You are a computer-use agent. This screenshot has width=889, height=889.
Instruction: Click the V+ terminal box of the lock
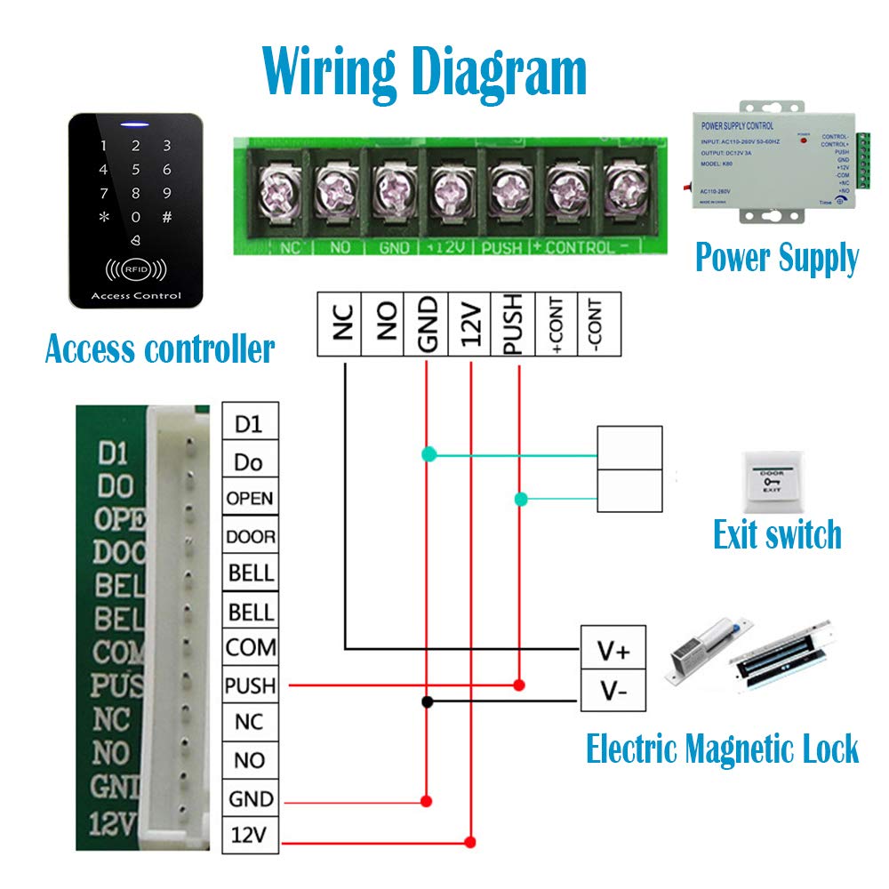coord(613,651)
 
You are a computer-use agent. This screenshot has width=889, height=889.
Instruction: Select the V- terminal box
coord(613,691)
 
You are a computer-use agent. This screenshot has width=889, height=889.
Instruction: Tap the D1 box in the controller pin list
coord(249,424)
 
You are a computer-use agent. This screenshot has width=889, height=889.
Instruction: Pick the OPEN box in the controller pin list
coord(249,498)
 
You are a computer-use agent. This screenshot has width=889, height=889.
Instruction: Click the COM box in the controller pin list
coord(249,647)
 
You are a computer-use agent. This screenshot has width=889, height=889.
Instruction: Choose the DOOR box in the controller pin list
coord(249,536)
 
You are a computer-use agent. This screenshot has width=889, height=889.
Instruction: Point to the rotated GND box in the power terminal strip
coord(426,324)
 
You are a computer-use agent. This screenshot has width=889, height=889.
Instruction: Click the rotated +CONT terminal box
coord(557,324)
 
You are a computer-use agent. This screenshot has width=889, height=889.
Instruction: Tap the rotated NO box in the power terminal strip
coord(382,324)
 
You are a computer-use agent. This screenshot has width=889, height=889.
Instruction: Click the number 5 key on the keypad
coord(135,169)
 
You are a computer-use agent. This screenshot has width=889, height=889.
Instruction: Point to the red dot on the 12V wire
coord(471,840)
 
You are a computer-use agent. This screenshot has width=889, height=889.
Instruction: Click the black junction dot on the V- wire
coord(428,701)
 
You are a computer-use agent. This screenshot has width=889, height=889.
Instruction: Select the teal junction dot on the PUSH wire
coord(521,500)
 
